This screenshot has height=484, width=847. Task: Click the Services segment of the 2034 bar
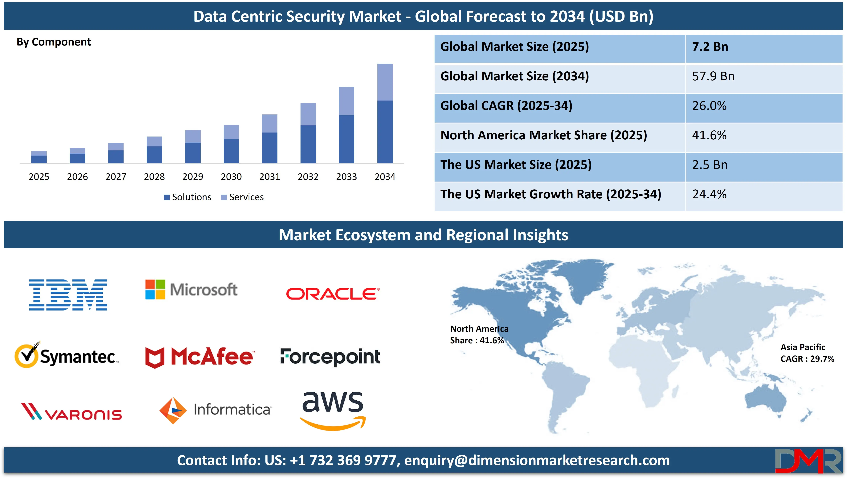tap(385, 82)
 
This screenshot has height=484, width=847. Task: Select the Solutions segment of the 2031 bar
tap(270, 148)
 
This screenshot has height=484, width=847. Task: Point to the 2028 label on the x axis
tap(154, 177)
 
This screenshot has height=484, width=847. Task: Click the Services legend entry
tap(243, 197)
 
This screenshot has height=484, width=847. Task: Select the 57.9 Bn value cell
tap(713, 76)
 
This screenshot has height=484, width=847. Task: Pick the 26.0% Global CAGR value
tap(709, 106)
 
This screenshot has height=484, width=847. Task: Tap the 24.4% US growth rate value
tap(709, 194)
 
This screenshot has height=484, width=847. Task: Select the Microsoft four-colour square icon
tap(155, 289)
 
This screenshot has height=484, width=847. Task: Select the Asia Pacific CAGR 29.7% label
tap(807, 353)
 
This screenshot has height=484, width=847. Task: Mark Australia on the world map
tap(765, 401)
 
